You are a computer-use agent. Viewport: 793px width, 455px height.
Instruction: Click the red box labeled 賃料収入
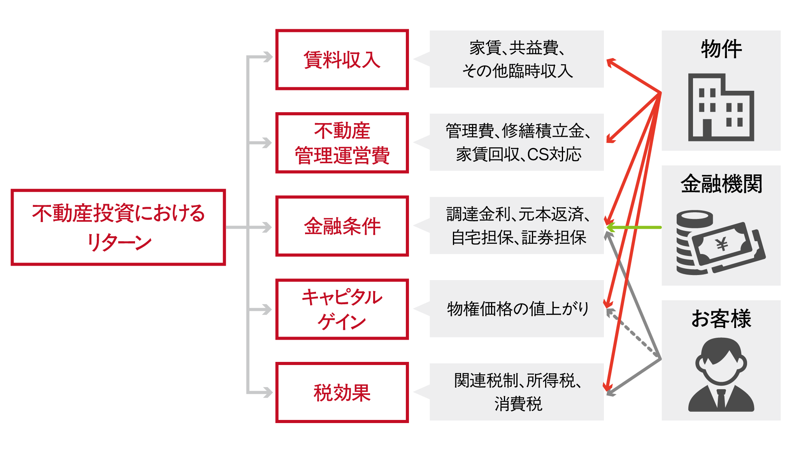point(342,60)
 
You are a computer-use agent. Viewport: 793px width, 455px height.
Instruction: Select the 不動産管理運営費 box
point(342,143)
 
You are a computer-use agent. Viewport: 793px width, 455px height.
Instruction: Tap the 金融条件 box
point(342,226)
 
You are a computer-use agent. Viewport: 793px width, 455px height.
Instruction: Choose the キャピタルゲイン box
point(342,309)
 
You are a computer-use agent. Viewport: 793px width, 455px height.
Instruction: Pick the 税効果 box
point(342,392)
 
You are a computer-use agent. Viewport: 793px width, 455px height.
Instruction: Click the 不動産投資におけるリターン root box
point(118,227)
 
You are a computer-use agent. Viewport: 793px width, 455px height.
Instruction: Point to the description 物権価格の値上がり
point(518,309)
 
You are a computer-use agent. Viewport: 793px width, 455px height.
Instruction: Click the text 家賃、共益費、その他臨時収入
point(518,59)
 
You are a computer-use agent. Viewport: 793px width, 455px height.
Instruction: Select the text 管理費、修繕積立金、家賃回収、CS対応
point(518,143)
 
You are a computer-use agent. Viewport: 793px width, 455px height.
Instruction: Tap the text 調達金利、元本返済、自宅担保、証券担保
point(518,226)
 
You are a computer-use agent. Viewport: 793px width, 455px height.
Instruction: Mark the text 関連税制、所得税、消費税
point(518,392)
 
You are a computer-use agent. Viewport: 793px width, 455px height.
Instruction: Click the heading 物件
point(721,49)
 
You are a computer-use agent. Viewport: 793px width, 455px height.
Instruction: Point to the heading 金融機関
point(721,184)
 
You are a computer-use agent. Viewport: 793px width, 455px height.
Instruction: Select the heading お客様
point(721,319)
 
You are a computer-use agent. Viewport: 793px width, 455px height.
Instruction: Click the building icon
point(721,108)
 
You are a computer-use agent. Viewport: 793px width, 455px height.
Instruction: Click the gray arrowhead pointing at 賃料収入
point(267,57)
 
